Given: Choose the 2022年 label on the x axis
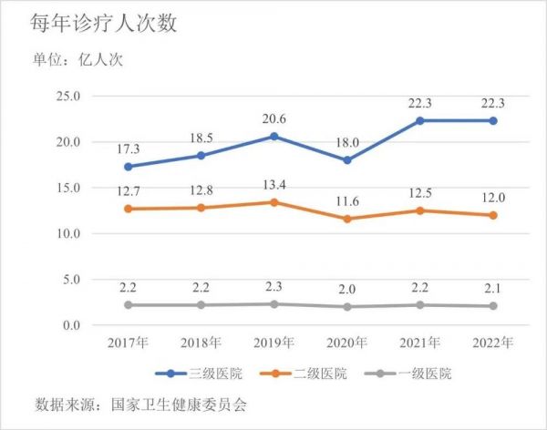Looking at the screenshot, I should [x=493, y=343].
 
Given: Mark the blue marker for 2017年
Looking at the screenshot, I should [x=128, y=167].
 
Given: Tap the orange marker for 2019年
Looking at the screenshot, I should [x=276, y=202].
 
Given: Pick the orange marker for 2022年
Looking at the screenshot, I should [x=493, y=215].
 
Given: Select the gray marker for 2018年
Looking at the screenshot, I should [x=201, y=304].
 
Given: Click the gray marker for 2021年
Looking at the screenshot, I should [x=421, y=304].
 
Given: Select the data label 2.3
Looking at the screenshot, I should [x=276, y=286].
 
